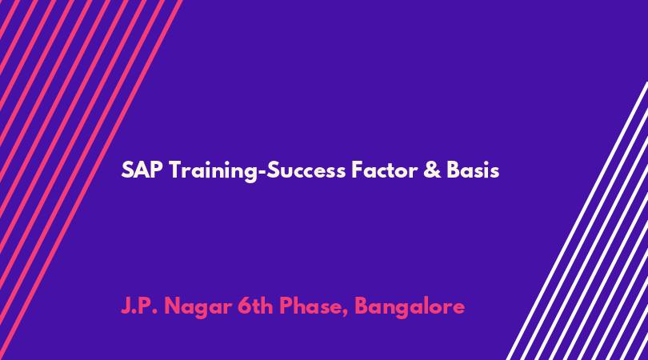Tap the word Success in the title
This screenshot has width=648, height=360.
[306, 170]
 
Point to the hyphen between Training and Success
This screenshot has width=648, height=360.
[262, 172]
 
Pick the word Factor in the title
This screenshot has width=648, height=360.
[384, 170]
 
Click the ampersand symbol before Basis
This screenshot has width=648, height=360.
[432, 170]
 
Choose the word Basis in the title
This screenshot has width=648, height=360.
[473, 170]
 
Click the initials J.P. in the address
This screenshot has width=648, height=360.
[139, 306]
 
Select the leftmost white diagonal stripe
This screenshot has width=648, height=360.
[578, 221]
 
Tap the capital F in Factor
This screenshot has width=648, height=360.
[358, 170]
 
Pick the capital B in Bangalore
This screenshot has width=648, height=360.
[362, 306]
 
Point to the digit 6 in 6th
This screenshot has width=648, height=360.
[245, 306]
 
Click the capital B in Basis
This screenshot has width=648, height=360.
[454, 170]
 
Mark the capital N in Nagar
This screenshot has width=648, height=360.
[172, 306]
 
